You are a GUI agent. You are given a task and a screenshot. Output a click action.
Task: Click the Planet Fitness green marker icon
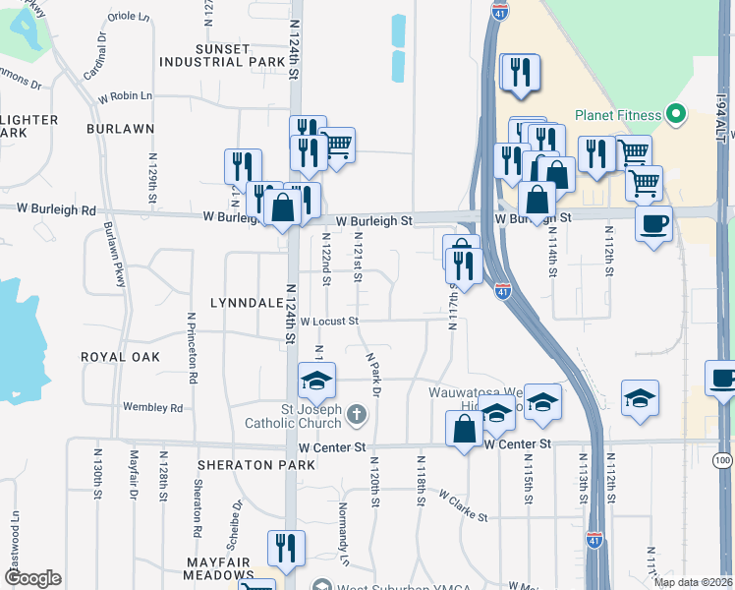pos(675,115)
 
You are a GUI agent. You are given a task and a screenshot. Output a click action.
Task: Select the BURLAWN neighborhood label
pos(121,129)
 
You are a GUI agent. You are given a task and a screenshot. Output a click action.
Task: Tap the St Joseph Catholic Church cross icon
pos(356,417)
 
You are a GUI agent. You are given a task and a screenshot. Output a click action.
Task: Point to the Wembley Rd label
pos(153,407)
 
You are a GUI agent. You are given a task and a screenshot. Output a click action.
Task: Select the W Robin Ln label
pos(126,96)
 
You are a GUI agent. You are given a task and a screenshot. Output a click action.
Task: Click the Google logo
pos(32,578)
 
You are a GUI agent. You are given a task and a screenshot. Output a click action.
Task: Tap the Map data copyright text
pos(693,582)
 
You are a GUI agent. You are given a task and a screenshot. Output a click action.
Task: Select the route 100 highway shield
pos(723,460)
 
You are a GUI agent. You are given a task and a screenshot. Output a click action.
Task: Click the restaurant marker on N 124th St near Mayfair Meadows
pos(286,550)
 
